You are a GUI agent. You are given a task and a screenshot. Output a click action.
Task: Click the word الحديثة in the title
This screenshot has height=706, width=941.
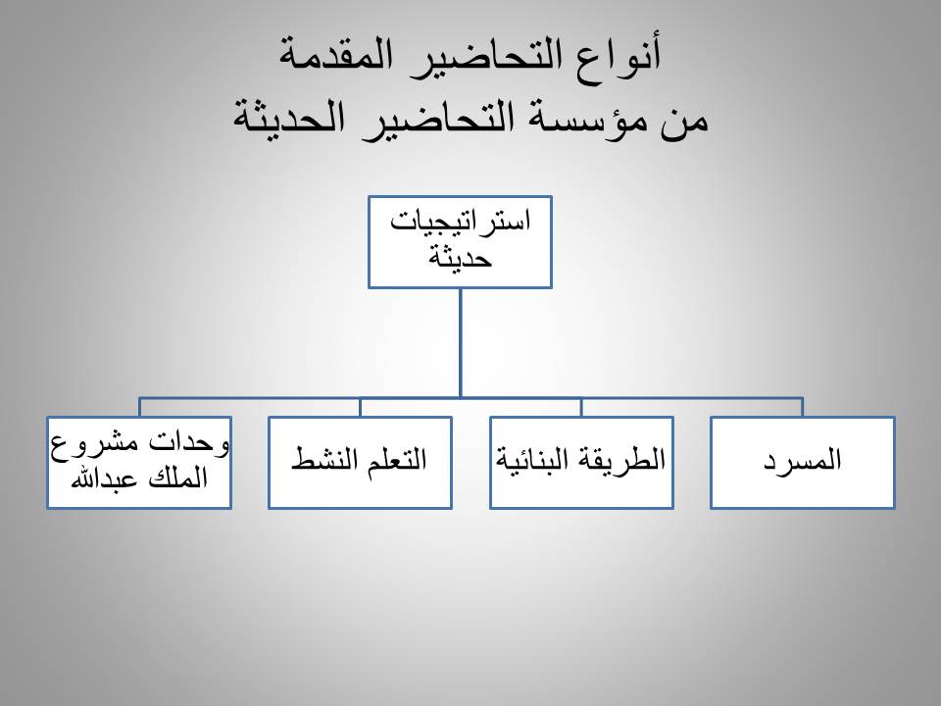(x=289, y=117)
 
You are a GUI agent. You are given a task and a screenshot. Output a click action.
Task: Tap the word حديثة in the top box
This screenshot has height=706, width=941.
(x=460, y=258)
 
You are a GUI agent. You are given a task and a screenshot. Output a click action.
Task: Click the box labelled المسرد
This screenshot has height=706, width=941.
(x=803, y=462)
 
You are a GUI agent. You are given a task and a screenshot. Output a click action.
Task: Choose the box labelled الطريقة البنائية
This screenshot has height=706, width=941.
(x=581, y=462)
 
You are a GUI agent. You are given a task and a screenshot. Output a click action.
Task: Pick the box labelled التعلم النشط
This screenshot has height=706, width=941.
(x=360, y=462)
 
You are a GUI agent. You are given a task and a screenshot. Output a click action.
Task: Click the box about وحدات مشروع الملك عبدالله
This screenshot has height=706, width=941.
(x=139, y=462)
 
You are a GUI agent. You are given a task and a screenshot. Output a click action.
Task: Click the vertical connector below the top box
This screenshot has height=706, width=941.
(x=461, y=343)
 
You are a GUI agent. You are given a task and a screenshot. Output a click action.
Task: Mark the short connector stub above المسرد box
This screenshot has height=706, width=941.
(x=803, y=407)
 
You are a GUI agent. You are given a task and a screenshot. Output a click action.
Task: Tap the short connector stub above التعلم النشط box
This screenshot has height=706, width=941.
(x=360, y=407)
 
